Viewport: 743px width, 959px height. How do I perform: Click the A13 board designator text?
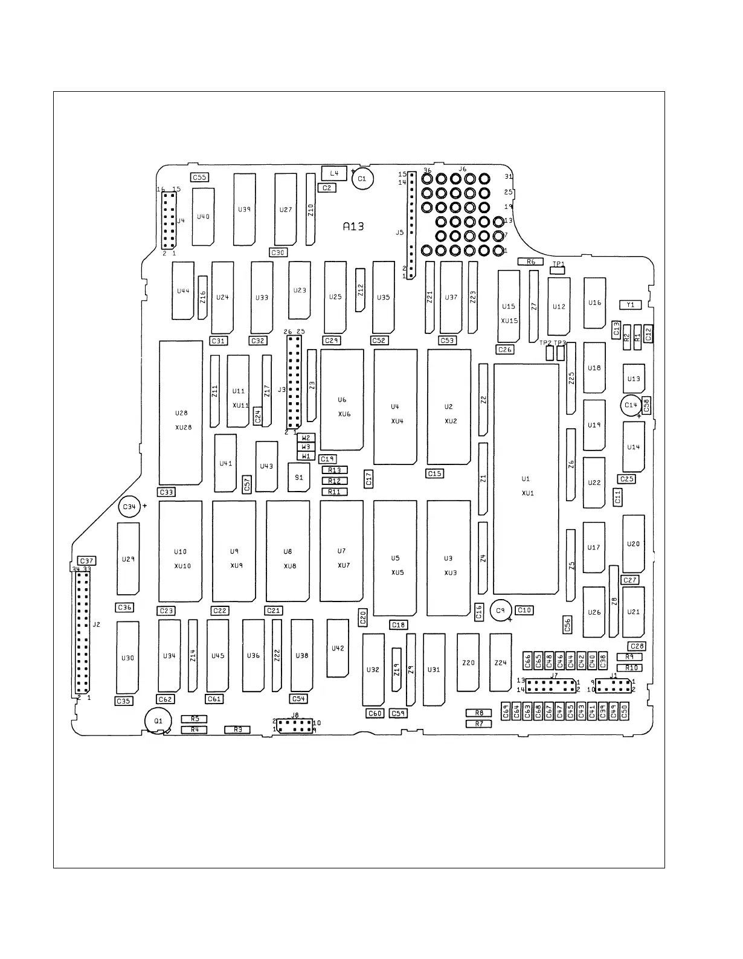click(x=353, y=226)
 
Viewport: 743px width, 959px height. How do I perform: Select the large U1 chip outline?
click(x=526, y=479)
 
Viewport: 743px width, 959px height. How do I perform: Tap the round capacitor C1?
click(x=362, y=179)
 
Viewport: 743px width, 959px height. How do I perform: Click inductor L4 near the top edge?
click(x=334, y=173)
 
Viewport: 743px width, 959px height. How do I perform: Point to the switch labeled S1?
click(x=299, y=477)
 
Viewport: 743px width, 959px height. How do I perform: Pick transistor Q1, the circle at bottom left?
click(x=158, y=720)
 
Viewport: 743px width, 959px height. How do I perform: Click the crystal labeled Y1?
click(x=630, y=305)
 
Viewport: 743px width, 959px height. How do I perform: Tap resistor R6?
click(x=531, y=261)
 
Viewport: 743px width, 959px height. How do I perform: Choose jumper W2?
click(x=306, y=438)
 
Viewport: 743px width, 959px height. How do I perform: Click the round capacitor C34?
click(x=129, y=507)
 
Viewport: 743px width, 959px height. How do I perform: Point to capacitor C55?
click(x=199, y=178)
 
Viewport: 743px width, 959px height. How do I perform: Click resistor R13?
click(x=334, y=470)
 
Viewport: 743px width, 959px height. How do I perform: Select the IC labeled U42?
click(x=338, y=648)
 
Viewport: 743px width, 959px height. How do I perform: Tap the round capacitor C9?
click(x=500, y=611)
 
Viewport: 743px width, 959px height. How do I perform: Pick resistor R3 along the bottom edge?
click(x=237, y=730)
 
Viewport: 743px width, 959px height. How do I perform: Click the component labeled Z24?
click(x=500, y=662)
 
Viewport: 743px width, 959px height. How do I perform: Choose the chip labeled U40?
click(x=204, y=216)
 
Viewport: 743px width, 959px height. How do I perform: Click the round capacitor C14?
click(x=631, y=405)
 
